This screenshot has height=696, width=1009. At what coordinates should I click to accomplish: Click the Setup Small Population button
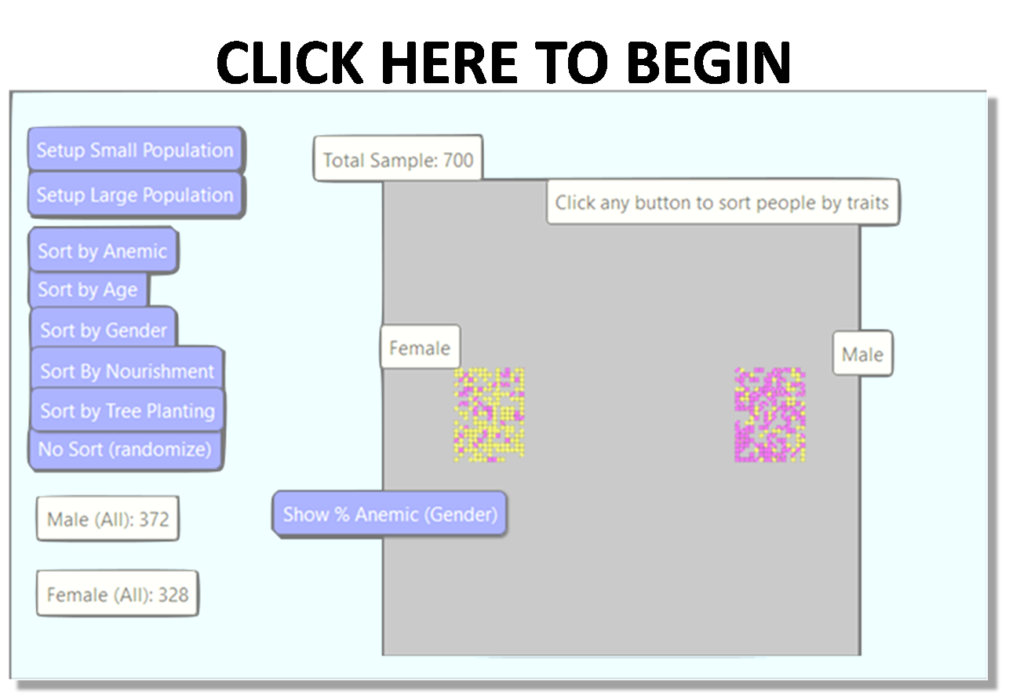click(135, 150)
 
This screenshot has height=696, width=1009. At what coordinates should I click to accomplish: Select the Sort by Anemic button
click(102, 251)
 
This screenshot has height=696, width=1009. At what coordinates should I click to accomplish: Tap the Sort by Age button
click(88, 290)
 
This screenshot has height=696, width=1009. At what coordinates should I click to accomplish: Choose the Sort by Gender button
click(104, 330)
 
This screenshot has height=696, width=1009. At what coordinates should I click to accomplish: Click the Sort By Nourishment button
click(127, 370)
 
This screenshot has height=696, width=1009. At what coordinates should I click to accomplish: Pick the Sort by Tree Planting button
click(127, 410)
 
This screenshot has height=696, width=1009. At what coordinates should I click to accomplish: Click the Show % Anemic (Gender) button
click(390, 514)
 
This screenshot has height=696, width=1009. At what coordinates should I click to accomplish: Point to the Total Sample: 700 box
click(398, 160)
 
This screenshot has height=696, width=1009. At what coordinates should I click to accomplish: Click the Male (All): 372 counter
click(107, 519)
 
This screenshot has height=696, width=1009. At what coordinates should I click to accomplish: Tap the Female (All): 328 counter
click(117, 595)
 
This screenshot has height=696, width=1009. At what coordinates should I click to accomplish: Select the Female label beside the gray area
click(420, 348)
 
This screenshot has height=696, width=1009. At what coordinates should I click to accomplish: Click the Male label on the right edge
click(862, 354)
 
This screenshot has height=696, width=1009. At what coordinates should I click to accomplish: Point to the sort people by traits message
click(722, 202)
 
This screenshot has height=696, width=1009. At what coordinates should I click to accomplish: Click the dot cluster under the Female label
click(489, 414)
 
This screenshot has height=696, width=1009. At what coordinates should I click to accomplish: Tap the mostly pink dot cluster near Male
click(770, 414)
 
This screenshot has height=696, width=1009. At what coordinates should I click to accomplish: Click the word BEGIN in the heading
click(711, 63)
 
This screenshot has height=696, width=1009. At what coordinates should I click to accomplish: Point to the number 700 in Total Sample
click(458, 160)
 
